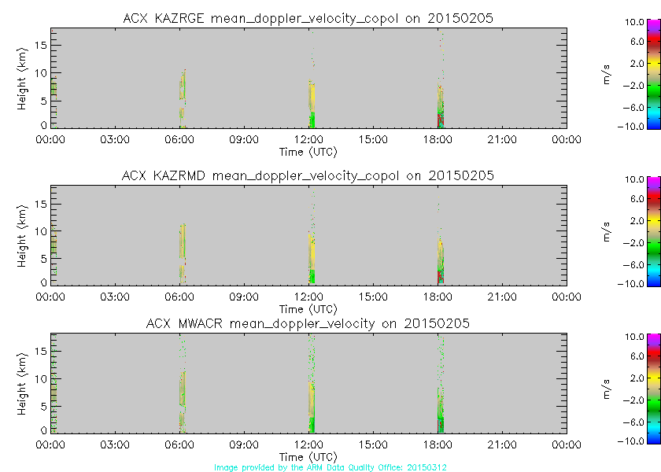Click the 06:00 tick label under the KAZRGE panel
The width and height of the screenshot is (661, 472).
coord(180,139)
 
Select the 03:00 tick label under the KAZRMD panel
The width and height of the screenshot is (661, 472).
coord(116,297)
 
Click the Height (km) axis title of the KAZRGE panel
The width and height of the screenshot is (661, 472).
coord(23,77)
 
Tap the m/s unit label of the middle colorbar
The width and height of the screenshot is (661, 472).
coord(607,234)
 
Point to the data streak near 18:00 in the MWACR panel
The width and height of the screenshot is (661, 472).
coord(441,409)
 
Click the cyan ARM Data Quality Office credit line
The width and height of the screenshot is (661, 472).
coord(330,467)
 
